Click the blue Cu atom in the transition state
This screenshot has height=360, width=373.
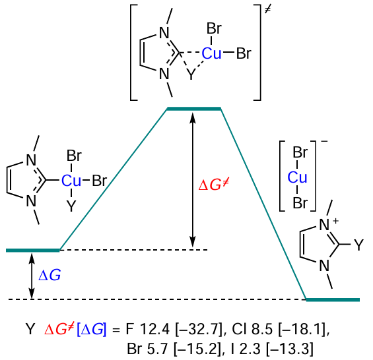(x=211, y=53)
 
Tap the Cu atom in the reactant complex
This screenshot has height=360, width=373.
(x=71, y=181)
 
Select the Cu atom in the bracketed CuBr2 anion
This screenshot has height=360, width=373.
(x=297, y=177)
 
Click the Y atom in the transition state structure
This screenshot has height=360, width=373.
(x=191, y=75)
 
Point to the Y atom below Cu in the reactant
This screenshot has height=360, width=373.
(x=71, y=206)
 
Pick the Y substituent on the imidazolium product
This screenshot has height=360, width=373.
(x=358, y=245)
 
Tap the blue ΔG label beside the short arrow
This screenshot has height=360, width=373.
(x=50, y=275)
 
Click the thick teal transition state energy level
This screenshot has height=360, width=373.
(x=193, y=109)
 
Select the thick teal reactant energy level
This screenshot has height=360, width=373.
(x=33, y=250)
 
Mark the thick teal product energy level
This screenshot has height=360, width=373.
(x=333, y=300)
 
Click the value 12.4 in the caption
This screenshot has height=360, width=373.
(x=155, y=330)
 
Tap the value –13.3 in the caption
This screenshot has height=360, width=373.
(x=290, y=349)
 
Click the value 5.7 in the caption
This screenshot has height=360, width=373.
(x=158, y=349)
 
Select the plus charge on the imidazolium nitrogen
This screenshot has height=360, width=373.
(x=335, y=221)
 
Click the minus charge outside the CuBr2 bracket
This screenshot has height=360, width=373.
(x=324, y=142)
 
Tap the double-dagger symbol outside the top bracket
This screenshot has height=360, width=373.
(x=267, y=9)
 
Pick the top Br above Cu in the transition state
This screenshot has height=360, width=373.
(x=214, y=28)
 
